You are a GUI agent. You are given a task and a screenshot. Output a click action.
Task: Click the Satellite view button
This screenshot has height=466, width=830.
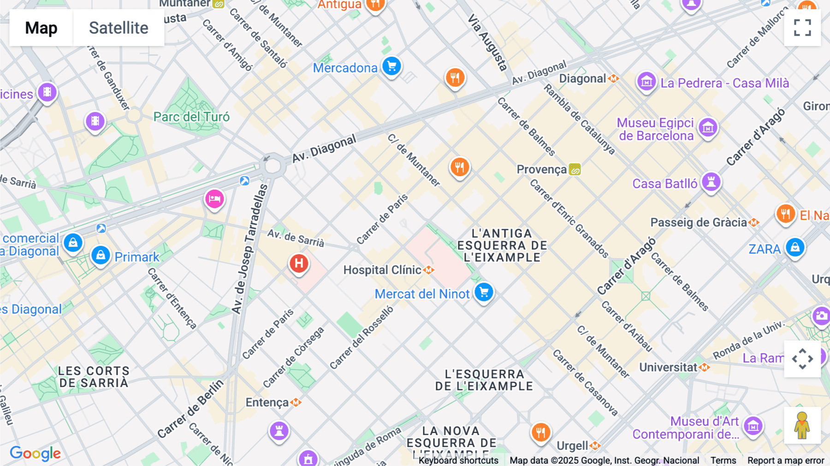tap(119, 28)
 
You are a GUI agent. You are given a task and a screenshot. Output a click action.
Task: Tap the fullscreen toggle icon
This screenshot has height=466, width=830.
tap(802, 28)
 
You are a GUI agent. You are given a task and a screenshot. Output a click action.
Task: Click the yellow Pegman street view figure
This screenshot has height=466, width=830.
tap(802, 425)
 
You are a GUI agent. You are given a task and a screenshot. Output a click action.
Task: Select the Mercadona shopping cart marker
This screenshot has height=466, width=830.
tap(391, 66)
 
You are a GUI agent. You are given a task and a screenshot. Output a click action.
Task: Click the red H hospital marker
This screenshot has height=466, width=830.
tap(299, 264)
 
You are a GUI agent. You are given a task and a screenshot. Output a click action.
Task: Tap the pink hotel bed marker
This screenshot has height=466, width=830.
tap(214, 199)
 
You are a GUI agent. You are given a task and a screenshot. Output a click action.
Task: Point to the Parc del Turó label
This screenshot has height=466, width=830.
tap(191, 117)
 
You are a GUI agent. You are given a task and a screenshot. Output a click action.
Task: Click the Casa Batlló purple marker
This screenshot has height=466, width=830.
tap(711, 182)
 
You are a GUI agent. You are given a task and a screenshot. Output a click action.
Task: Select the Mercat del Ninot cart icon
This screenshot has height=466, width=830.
tap(484, 292)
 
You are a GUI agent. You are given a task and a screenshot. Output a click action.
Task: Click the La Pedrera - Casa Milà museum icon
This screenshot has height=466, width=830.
tap(646, 82)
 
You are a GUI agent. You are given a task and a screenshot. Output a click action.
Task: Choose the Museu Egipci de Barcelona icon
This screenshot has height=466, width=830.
tap(708, 127)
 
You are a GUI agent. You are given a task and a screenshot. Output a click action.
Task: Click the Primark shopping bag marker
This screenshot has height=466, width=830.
tap(101, 255)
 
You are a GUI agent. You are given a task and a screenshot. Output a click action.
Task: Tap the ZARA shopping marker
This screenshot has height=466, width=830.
tap(795, 248)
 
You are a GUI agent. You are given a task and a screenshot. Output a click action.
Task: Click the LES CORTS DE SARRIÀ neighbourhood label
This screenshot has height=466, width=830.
tap(94, 377)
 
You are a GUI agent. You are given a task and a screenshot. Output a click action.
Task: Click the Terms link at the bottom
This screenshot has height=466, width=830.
tap(723, 460)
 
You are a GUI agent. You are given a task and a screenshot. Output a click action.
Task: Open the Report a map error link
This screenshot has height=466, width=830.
tap(785, 460)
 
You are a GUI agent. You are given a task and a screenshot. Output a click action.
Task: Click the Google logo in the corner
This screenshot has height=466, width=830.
tap(36, 453)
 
